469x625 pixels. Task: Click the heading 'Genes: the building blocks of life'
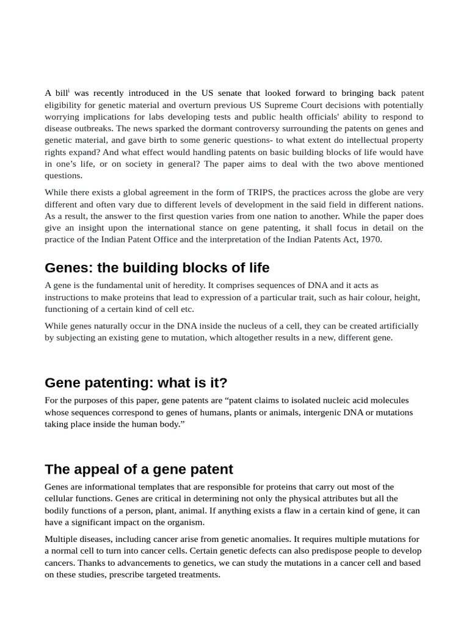click(157, 268)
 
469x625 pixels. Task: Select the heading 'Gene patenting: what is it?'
click(136, 383)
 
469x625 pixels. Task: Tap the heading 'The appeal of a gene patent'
click(139, 469)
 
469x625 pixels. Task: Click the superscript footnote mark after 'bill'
click(69, 91)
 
